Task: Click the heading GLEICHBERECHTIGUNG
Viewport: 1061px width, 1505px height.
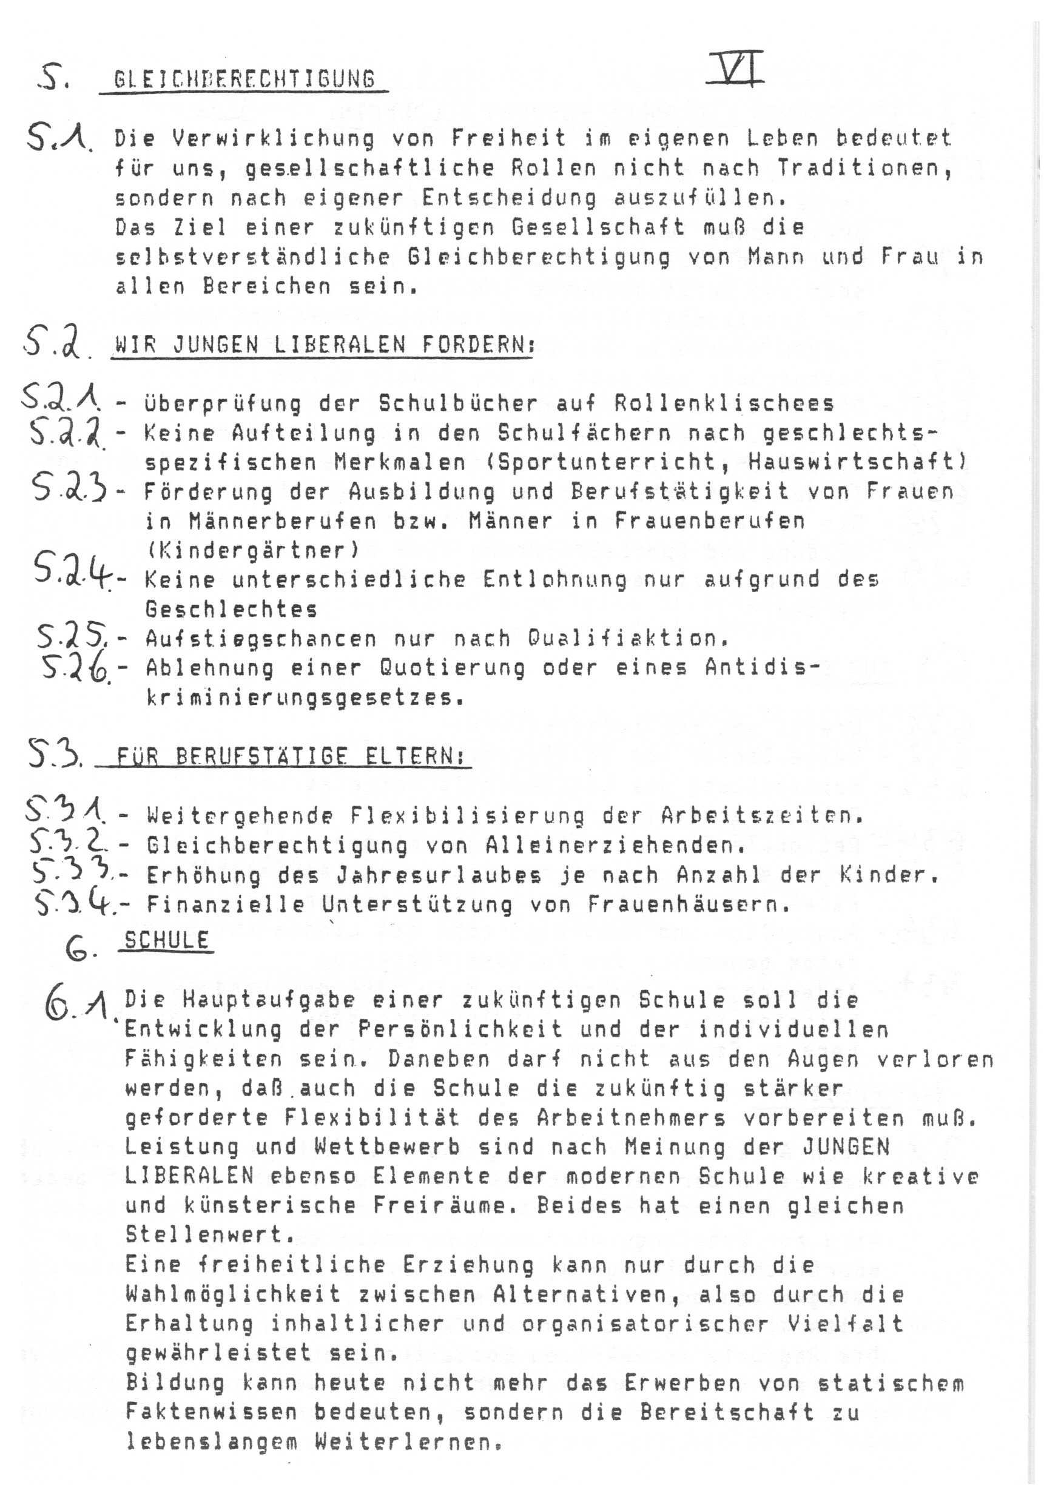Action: (x=244, y=79)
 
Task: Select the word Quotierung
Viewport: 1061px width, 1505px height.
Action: (x=452, y=668)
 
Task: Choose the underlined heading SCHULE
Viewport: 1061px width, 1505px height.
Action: (x=166, y=941)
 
